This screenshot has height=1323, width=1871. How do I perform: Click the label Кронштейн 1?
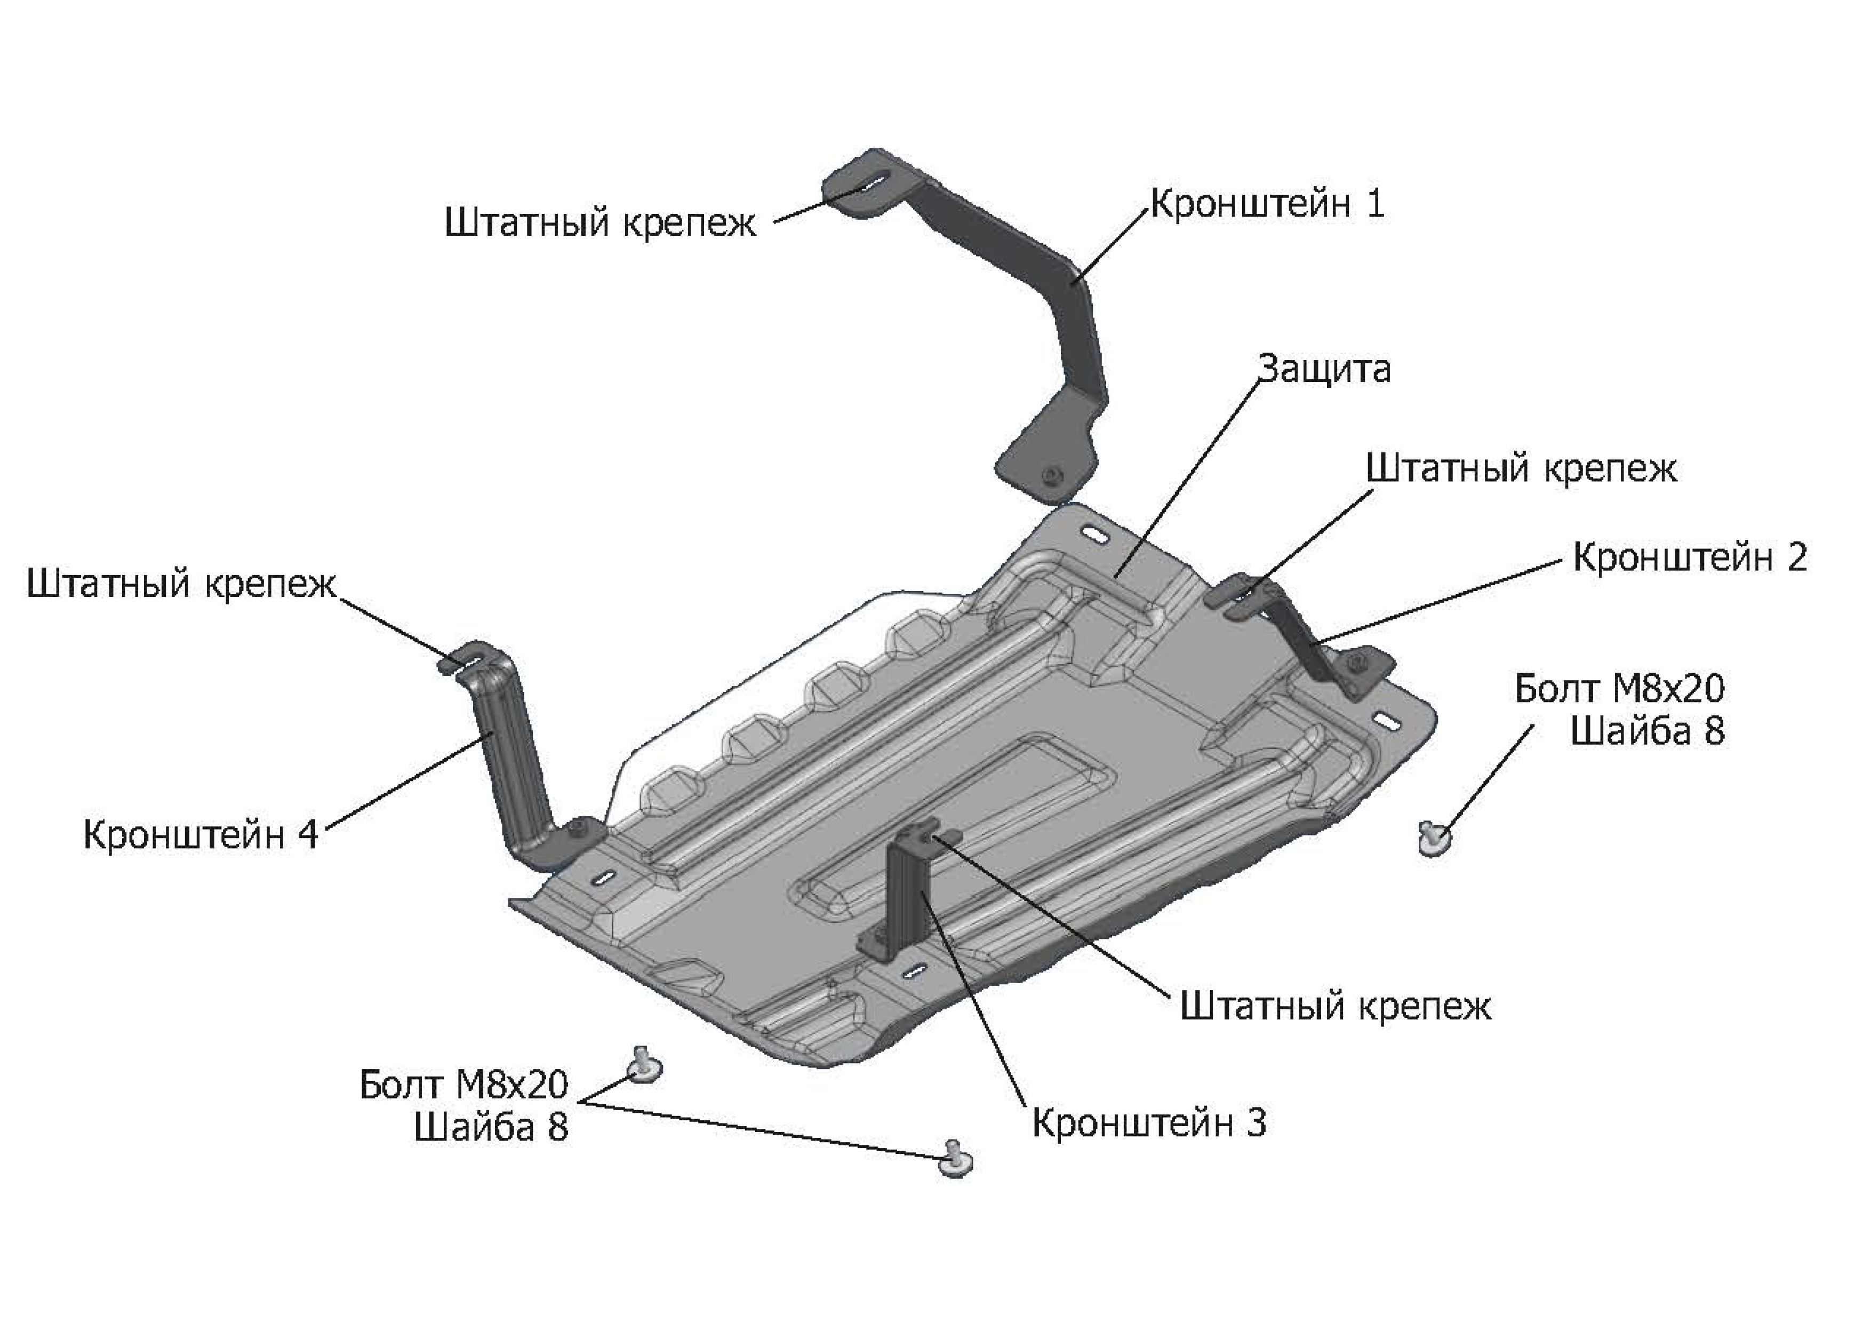point(1267,203)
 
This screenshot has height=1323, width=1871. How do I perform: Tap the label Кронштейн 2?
point(1690,557)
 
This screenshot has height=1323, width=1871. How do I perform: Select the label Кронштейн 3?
point(1149,1122)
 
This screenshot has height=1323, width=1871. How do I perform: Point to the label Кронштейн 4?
point(201,835)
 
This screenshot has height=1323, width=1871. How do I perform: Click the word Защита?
point(1325,369)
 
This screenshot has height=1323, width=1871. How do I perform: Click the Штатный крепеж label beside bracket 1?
point(601,222)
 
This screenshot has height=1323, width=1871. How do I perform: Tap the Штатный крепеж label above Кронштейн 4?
point(181,584)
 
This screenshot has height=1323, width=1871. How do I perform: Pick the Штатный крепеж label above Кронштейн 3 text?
point(1336,1006)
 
